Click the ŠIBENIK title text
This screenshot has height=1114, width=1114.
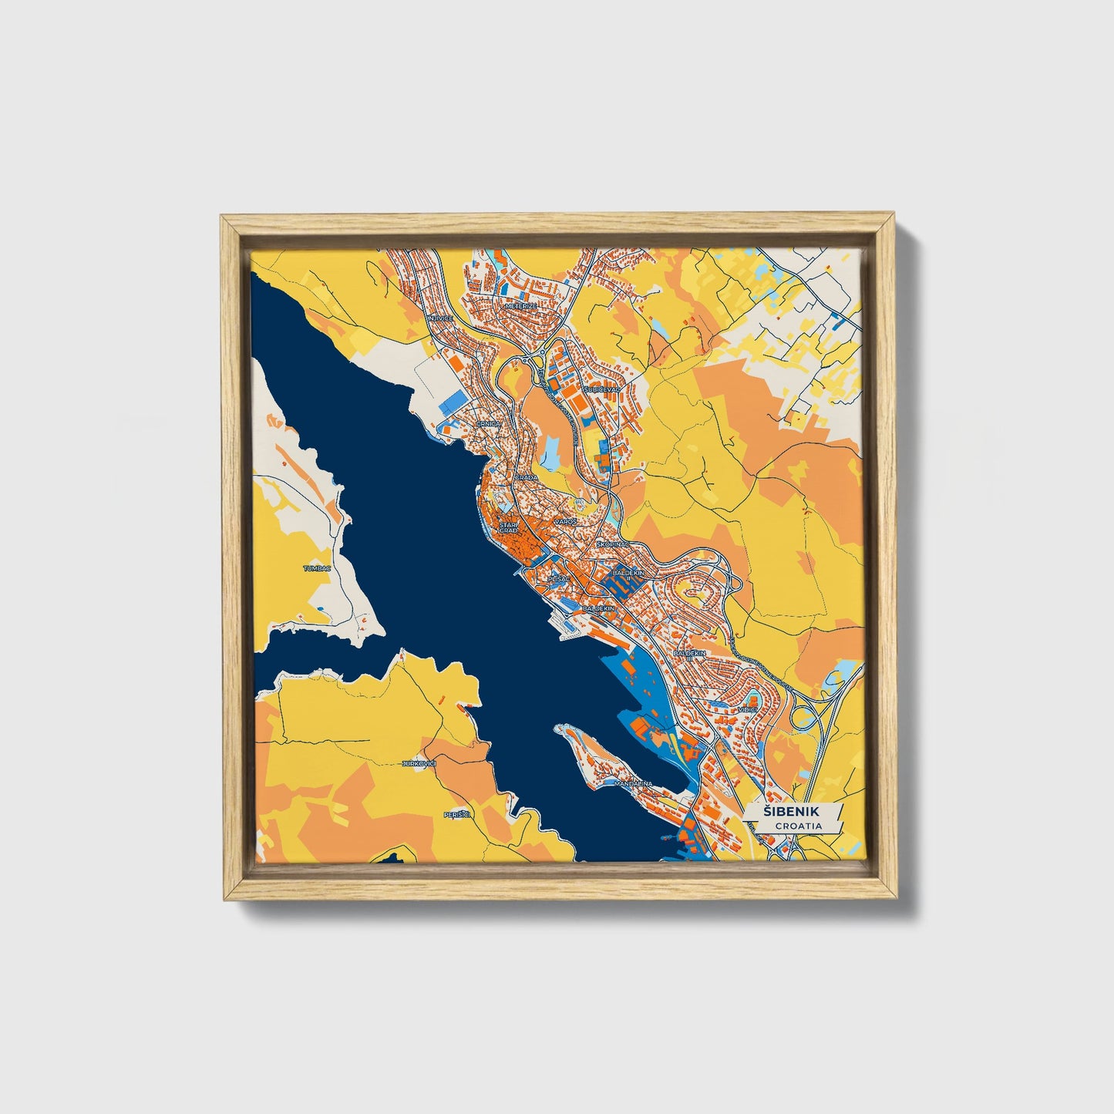pyautogui.click(x=792, y=812)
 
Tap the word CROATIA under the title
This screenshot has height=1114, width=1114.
pyautogui.click(x=798, y=826)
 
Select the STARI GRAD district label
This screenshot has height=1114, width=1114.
pyautogui.click(x=508, y=527)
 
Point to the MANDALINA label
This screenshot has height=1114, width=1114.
pyautogui.click(x=633, y=783)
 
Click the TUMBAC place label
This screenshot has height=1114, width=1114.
pyautogui.click(x=317, y=568)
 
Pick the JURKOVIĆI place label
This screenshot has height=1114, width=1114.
pyautogui.click(x=419, y=763)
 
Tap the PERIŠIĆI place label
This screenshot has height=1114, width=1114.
pyautogui.click(x=457, y=814)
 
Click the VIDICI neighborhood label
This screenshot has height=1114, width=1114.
pyautogui.click(x=748, y=708)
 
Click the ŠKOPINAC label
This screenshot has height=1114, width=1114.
pyautogui.click(x=613, y=544)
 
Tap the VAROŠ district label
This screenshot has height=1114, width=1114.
pyautogui.click(x=565, y=522)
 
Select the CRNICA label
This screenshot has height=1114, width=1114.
pyautogui.click(x=488, y=424)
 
